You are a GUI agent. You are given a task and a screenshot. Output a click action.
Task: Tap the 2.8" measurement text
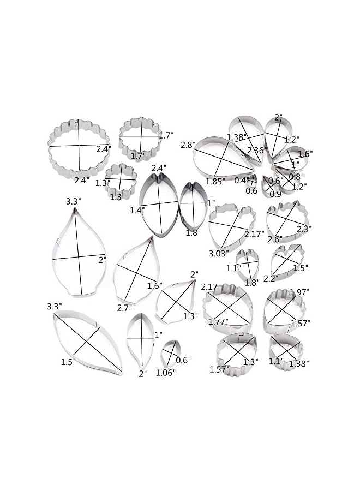click(x=187, y=145)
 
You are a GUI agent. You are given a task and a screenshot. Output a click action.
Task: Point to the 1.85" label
click(x=215, y=181)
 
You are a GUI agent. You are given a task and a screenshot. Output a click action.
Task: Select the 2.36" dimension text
click(x=255, y=150)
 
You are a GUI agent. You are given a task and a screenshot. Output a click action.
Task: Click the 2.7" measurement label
click(x=124, y=308)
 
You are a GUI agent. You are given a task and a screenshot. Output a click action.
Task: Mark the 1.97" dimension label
click(x=299, y=292)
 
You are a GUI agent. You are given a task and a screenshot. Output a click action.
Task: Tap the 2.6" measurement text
click(x=275, y=239)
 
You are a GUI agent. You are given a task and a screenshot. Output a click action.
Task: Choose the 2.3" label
click(x=304, y=229)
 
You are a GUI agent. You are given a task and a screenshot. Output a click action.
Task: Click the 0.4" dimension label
click(x=242, y=180)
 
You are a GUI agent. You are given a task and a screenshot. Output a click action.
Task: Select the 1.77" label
click(x=218, y=321)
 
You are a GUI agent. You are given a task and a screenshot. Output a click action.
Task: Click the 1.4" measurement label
click(x=137, y=210)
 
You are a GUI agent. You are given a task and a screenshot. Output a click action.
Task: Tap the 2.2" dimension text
click(x=271, y=278)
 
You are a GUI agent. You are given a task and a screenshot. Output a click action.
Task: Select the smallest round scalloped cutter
click(x=106, y=178)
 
